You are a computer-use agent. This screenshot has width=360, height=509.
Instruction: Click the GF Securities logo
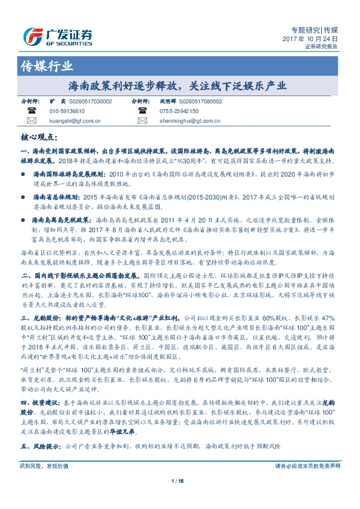pos(57,35)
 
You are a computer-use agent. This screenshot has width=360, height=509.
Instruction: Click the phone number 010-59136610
pos(67,111)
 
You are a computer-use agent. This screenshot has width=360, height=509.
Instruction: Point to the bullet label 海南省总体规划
pos(56,196)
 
